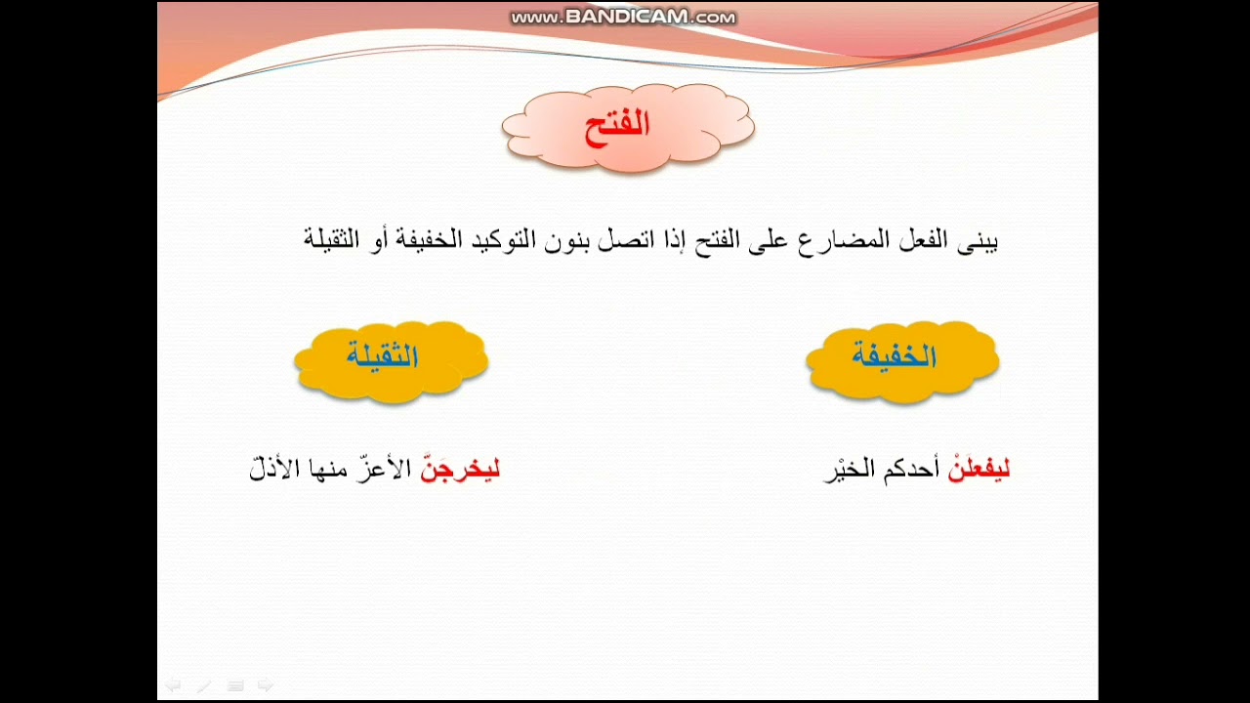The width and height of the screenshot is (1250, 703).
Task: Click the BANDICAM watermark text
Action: tap(623, 18)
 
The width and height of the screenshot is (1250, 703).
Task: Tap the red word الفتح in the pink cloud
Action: tap(617, 127)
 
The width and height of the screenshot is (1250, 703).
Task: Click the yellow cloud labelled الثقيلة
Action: tap(391, 359)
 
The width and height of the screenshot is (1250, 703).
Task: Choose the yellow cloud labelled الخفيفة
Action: tap(901, 359)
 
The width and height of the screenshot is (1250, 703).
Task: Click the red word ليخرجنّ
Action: tap(460, 470)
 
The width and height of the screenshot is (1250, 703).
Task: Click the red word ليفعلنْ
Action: tap(979, 471)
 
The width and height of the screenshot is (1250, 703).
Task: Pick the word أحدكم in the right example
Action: tap(911, 471)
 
